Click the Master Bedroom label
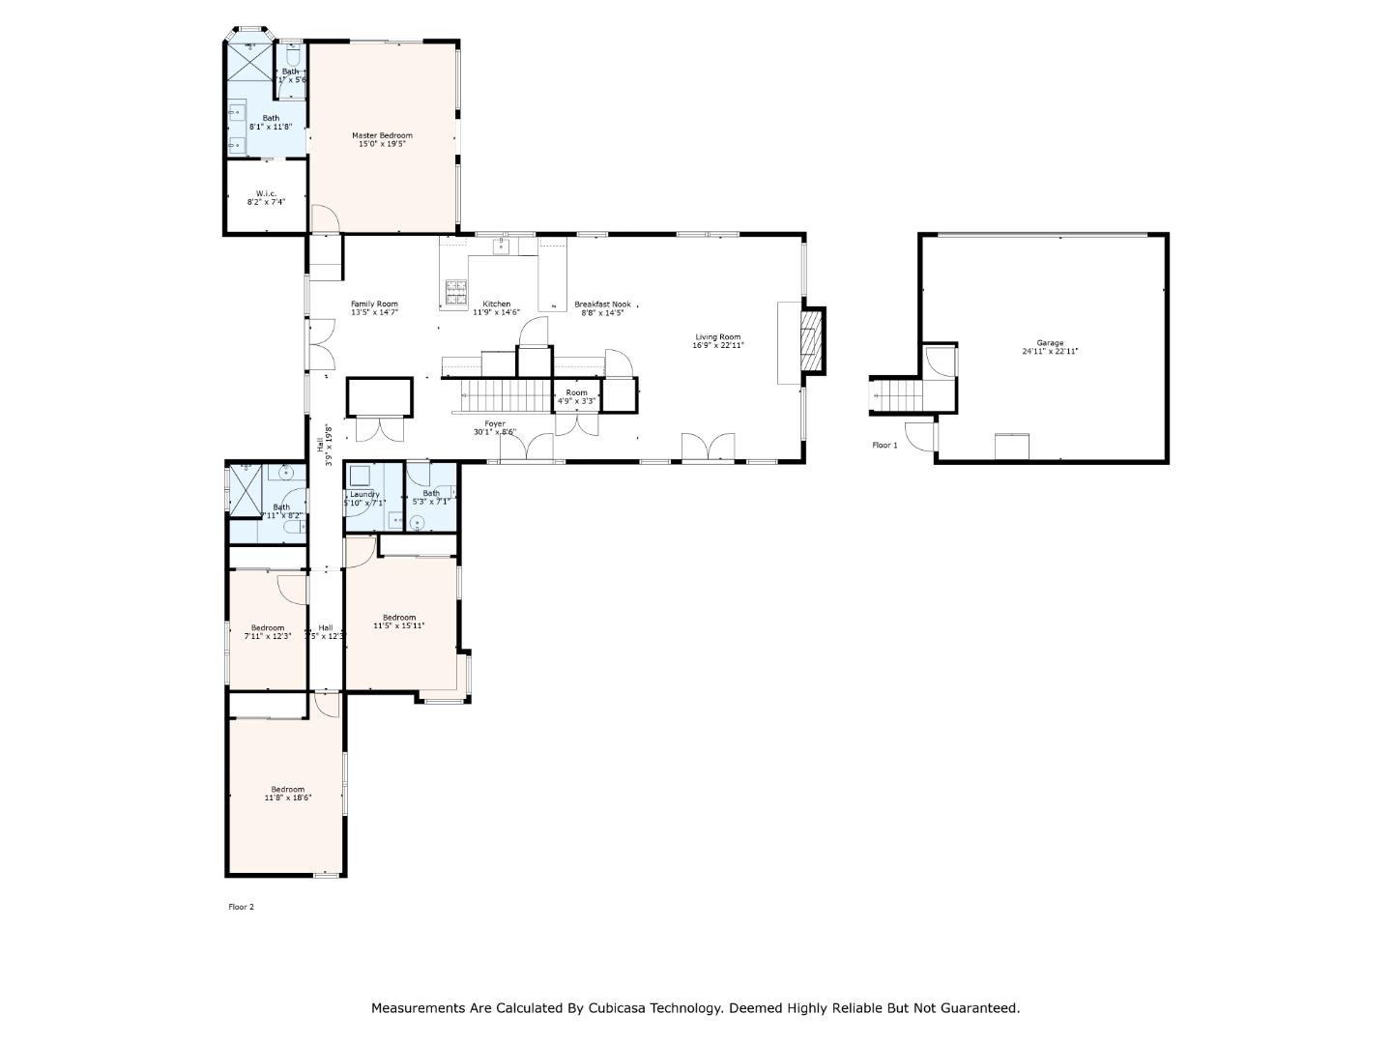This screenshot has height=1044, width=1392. tap(382, 139)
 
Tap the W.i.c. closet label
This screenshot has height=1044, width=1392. tap(266, 197)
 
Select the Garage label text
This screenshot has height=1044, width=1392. tap(1050, 346)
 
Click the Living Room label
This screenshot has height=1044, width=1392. tap(717, 340)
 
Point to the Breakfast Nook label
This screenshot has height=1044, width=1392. tap(602, 307)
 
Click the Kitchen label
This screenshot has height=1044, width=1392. tap(496, 307)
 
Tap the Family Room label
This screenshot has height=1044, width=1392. tap(374, 307)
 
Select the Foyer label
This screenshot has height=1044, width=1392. tap(495, 427)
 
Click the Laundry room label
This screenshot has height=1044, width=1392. tap(364, 498)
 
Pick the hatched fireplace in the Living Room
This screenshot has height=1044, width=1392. tap(812, 341)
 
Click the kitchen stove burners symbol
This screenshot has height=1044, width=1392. tap(453, 293)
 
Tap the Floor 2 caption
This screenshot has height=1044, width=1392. tap(241, 907)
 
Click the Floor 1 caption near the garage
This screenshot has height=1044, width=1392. tap(884, 446)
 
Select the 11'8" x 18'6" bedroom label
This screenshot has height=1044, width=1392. tap(288, 793)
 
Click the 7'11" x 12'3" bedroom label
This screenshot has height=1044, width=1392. tap(267, 631)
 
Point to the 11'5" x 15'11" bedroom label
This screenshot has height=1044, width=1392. tap(399, 622)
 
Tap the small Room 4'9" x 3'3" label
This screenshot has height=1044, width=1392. tap(576, 396)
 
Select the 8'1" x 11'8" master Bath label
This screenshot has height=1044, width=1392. tap(271, 122)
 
